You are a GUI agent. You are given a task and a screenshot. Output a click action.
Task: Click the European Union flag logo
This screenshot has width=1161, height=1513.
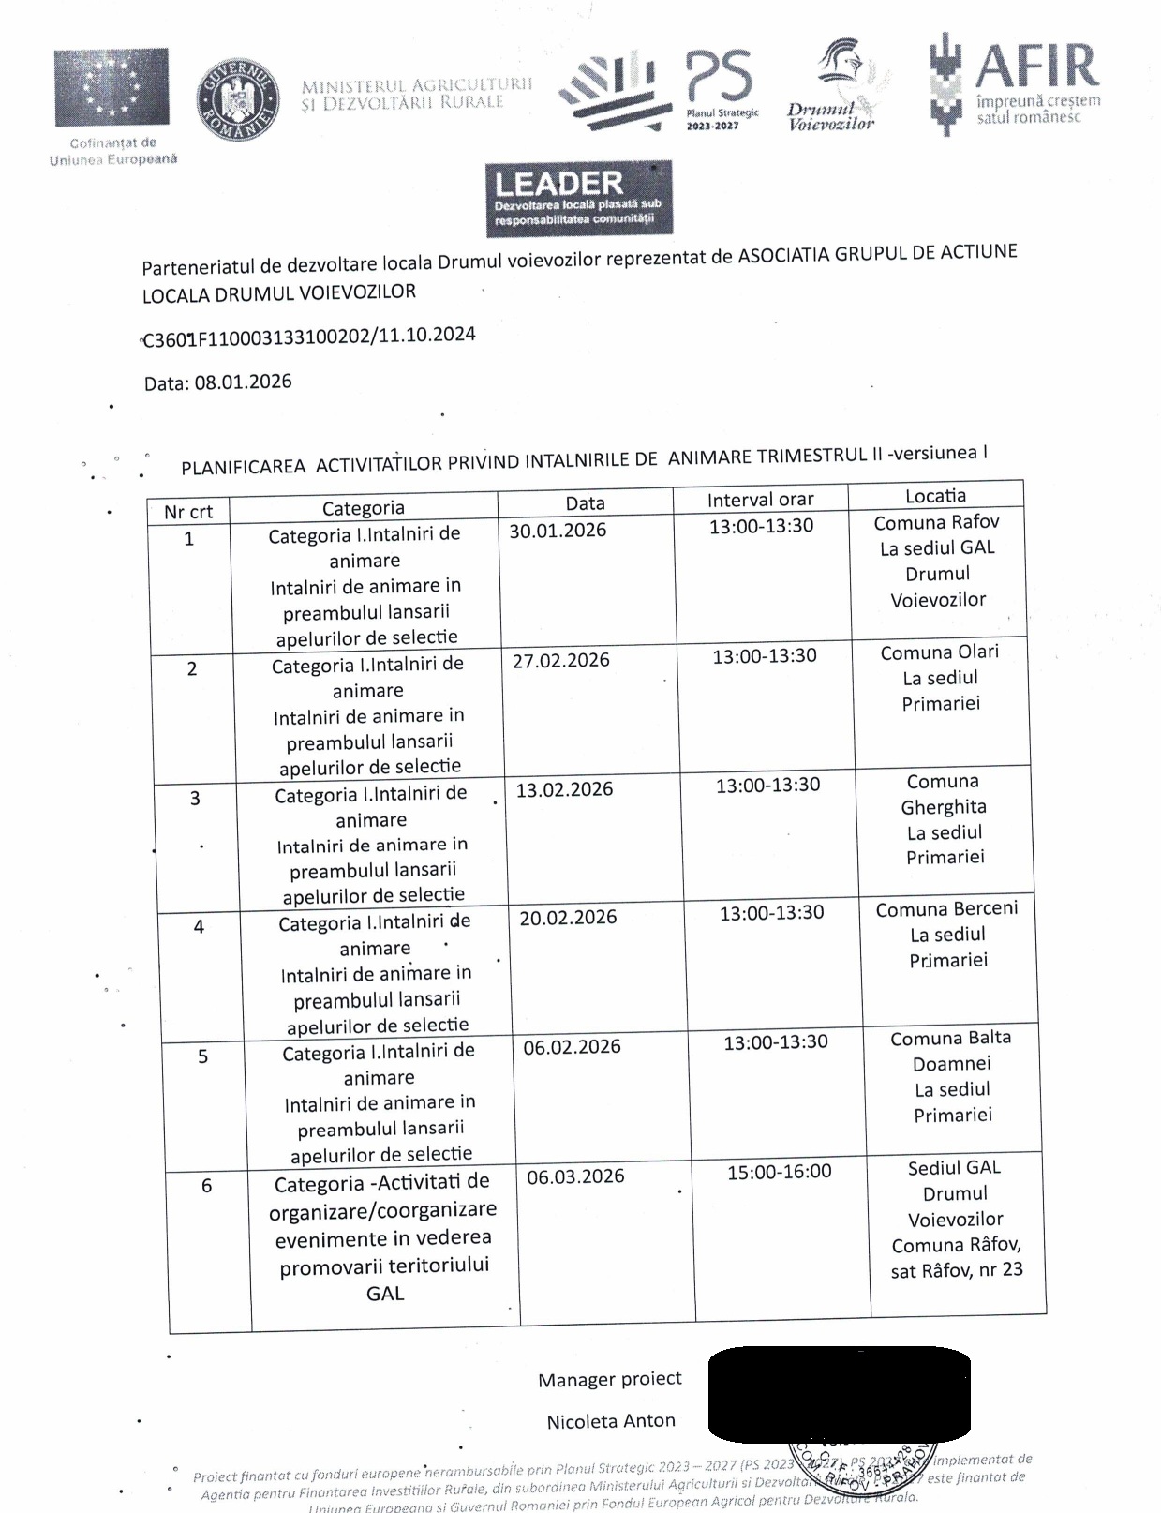(x=112, y=87)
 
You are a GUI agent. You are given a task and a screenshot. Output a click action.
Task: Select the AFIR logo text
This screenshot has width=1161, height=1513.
(x=1035, y=67)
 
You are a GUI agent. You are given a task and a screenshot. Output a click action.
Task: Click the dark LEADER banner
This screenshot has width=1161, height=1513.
(x=578, y=198)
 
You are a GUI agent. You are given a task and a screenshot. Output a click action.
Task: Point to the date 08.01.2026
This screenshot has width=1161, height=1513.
(x=243, y=382)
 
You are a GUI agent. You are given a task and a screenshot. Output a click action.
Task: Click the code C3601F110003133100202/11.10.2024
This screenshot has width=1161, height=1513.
(x=309, y=337)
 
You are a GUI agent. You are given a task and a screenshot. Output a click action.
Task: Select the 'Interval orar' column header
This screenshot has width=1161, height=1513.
(x=760, y=500)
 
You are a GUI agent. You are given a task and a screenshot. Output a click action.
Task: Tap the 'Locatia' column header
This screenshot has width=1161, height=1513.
(x=935, y=496)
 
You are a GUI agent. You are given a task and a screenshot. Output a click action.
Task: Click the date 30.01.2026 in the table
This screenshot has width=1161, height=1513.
(x=558, y=531)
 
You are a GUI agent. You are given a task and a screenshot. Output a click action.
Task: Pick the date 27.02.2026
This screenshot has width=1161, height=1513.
(x=560, y=660)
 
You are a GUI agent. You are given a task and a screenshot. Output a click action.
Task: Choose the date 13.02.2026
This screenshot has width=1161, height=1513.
(x=564, y=789)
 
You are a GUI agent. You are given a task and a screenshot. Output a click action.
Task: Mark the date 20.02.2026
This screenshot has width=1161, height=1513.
(x=568, y=918)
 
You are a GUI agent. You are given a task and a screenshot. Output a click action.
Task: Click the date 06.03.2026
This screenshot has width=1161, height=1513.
(x=575, y=1176)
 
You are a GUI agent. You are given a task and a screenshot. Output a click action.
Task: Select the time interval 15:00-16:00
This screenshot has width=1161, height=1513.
(x=779, y=1171)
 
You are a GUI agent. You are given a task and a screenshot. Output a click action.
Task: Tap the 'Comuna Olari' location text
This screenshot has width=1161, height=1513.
(x=940, y=652)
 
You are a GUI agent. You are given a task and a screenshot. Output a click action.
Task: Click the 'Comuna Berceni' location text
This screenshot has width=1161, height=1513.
(x=946, y=909)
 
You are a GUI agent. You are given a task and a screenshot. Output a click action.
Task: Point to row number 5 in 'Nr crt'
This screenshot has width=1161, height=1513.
(x=202, y=1056)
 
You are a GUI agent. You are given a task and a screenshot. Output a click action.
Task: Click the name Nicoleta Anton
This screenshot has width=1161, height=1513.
(x=611, y=1421)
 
